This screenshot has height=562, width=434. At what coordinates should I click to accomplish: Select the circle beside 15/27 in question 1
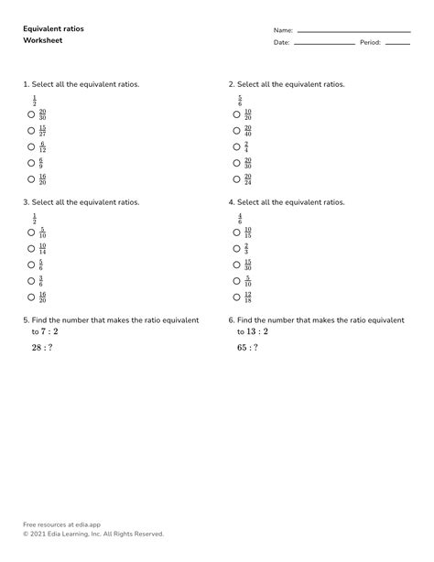(x=31, y=130)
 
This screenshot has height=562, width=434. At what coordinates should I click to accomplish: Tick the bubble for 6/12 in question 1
(x=31, y=146)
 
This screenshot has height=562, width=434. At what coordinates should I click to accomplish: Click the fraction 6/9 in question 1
(x=42, y=163)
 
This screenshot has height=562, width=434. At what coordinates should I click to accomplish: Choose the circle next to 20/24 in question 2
(x=236, y=179)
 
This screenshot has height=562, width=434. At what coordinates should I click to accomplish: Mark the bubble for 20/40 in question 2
(x=236, y=130)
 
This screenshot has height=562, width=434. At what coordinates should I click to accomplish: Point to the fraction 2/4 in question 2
(x=246, y=146)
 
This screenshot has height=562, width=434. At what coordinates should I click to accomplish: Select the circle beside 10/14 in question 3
(x=31, y=248)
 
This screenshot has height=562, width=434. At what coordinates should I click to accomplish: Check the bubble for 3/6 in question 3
(x=31, y=281)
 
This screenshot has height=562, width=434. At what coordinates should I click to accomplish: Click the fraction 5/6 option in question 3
(x=42, y=265)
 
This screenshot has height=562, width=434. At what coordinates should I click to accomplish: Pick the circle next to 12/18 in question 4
(x=236, y=297)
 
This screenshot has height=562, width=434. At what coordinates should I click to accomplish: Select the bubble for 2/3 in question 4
(x=236, y=248)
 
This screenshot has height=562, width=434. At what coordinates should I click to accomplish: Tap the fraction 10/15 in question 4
(x=248, y=232)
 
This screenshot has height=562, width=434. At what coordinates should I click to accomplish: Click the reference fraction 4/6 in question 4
(x=240, y=217)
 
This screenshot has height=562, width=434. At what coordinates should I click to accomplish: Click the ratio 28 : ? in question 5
(x=42, y=349)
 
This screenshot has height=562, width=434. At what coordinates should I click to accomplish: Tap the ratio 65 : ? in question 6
(x=247, y=349)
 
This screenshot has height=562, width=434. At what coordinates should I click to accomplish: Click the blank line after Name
(x=353, y=32)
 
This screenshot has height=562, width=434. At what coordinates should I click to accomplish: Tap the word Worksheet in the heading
(x=41, y=41)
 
